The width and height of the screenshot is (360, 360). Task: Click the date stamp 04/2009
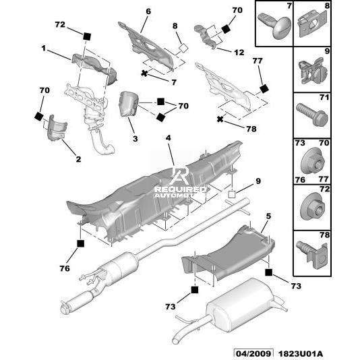coord(253,353)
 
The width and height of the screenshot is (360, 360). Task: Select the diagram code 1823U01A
coord(301,354)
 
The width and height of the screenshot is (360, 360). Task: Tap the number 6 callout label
coord(148,11)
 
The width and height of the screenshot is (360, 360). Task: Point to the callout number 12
coord(239,53)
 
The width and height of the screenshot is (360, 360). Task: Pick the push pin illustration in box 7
coord(275,25)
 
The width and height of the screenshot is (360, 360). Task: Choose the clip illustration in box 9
coord(313,70)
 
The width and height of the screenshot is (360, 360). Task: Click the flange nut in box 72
coord(313,208)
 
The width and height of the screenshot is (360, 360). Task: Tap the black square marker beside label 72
coord(87,36)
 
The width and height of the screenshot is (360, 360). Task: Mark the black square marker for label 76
coord(81,243)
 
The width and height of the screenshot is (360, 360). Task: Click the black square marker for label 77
coord(264,88)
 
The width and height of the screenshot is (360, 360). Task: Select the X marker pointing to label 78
coord(220,119)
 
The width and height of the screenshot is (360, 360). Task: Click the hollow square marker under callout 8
coord(183,48)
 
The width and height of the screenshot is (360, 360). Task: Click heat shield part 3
coord(128,104)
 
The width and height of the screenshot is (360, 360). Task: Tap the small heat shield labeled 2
coord(57,127)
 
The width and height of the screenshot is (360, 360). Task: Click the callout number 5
coord(268,216)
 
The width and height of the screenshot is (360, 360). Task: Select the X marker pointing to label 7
coord(144,73)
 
